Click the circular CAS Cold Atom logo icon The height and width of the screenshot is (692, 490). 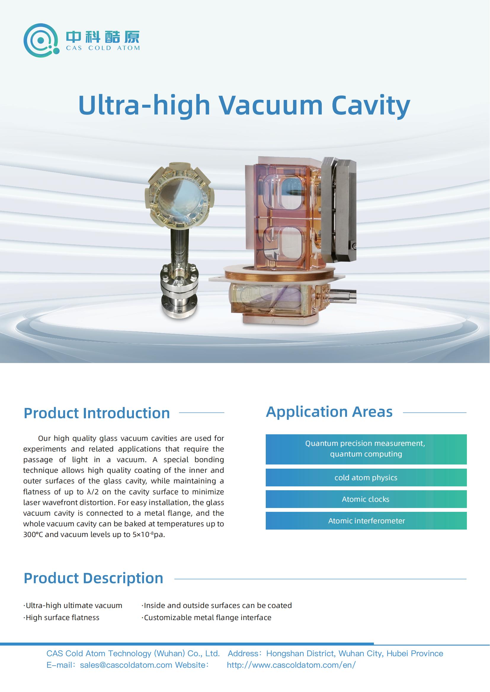pyautogui.click(x=41, y=41)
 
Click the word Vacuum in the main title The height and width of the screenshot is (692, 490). pyautogui.click(x=270, y=105)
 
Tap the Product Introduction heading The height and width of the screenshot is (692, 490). pyautogui.click(x=97, y=413)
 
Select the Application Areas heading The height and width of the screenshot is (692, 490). pyautogui.click(x=329, y=412)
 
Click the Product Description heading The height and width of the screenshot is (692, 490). pyautogui.click(x=93, y=578)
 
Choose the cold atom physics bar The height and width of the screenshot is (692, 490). pyautogui.click(x=366, y=478)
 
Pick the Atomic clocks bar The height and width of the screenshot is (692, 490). pyautogui.click(x=366, y=499)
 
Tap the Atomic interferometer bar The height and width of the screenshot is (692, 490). pyautogui.click(x=366, y=520)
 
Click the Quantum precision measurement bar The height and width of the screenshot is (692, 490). pyautogui.click(x=366, y=449)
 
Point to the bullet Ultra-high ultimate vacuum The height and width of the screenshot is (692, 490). pyautogui.click(x=73, y=606)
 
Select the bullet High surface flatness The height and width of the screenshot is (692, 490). pyautogui.click(x=61, y=617)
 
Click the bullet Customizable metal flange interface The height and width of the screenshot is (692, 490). pyautogui.click(x=206, y=617)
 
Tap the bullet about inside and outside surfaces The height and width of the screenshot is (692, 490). pyautogui.click(x=217, y=606)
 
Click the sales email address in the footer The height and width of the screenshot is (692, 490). pyautogui.click(x=126, y=665)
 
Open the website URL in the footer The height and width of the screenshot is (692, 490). pyautogui.click(x=291, y=665)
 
